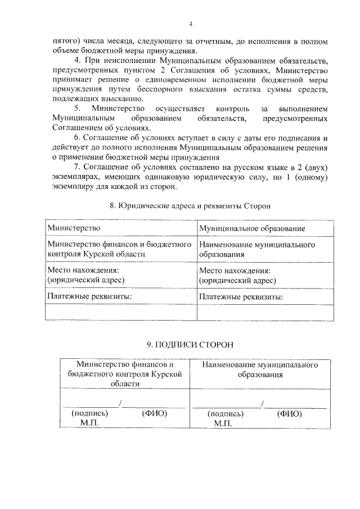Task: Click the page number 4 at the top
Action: pyautogui.click(x=191, y=24)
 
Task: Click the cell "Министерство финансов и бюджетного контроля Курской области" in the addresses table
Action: pyautogui.click(x=120, y=249)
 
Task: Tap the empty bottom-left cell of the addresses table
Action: pyautogui.click(x=120, y=311)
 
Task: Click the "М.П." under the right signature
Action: pyautogui.click(x=223, y=423)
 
